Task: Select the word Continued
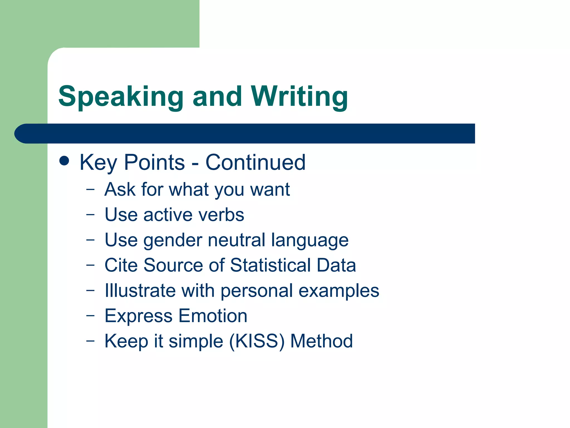(x=255, y=162)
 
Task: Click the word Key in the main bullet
(x=98, y=163)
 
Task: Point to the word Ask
(x=120, y=189)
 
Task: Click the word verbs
(x=221, y=215)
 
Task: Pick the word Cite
(x=121, y=265)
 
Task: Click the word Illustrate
(x=140, y=291)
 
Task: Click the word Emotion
(x=213, y=316)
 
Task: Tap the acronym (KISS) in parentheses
(x=257, y=341)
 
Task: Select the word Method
(x=321, y=341)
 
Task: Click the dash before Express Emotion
(x=90, y=316)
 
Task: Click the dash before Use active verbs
(x=90, y=215)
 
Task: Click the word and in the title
(x=217, y=97)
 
